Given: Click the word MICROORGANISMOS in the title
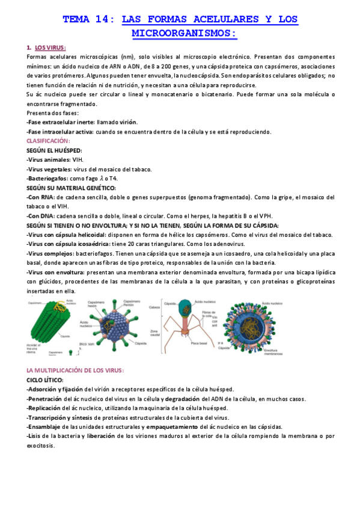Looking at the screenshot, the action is (x=180, y=32).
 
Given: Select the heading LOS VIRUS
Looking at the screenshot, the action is (x=50, y=48).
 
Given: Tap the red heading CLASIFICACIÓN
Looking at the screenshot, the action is (x=49, y=140).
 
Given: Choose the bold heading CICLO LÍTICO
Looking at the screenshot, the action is (x=45, y=380).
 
